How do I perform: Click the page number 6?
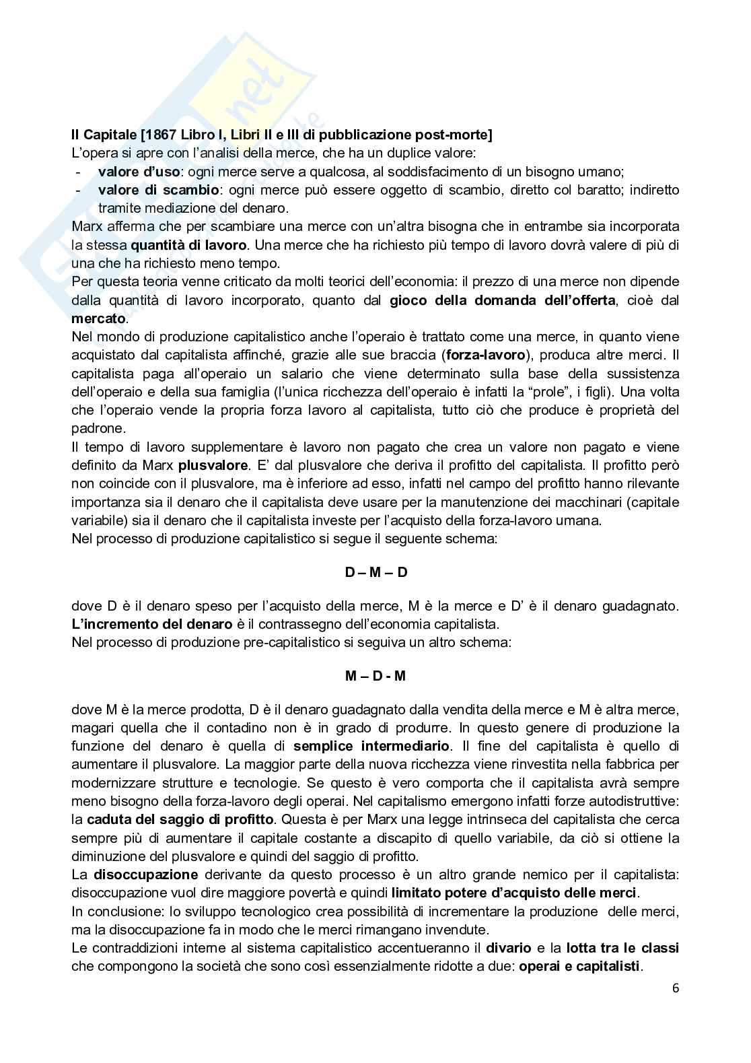pos(675,988)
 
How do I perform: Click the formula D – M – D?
pos(375,572)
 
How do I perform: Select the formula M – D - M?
pos(375,675)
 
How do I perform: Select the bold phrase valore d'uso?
pos(139,172)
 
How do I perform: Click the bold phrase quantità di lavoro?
pos(189,245)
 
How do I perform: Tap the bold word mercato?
pos(98,318)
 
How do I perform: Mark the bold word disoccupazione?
pos(145,875)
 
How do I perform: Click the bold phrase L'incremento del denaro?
pos(152,624)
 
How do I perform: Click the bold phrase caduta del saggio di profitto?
pos(180,819)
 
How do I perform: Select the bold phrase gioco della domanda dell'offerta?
pos(502,300)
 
